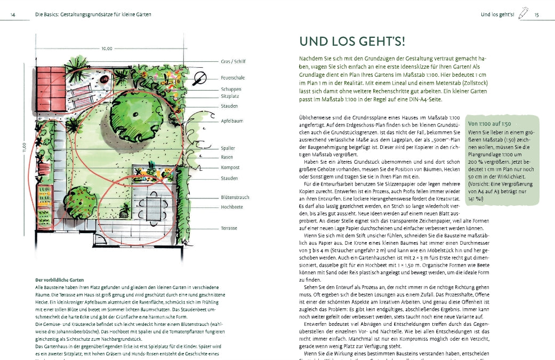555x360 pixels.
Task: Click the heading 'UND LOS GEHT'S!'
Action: [352, 42]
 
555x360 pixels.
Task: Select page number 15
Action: [537, 14]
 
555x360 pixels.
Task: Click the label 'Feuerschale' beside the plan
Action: [232, 78]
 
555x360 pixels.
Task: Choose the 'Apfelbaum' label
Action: [232, 121]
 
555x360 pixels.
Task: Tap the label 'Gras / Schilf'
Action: [233, 61]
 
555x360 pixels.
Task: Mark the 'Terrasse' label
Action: [229, 228]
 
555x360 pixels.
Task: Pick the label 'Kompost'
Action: [230, 167]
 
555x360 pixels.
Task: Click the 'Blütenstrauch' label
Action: [234, 197]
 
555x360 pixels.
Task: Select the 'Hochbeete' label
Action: [231, 206]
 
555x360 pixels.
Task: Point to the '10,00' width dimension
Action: [107, 49]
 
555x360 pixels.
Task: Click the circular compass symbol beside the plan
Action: [200, 78]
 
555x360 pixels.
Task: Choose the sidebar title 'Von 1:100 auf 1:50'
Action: [489, 124]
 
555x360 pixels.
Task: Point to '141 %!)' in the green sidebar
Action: [477, 199]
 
